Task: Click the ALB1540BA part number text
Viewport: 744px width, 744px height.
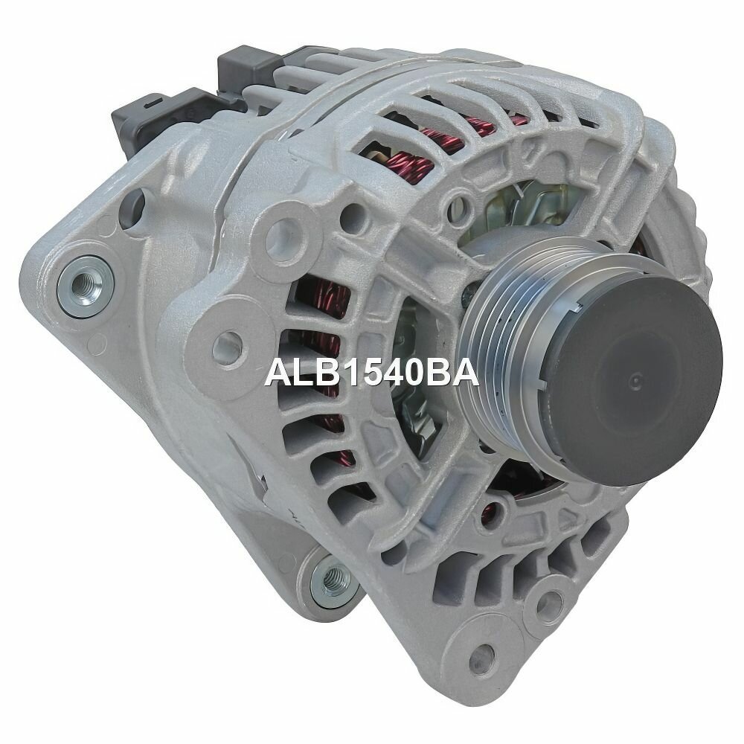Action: (x=371, y=372)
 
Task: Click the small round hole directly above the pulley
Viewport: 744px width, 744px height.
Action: (x=466, y=199)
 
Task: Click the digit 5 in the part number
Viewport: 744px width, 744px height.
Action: (x=366, y=372)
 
